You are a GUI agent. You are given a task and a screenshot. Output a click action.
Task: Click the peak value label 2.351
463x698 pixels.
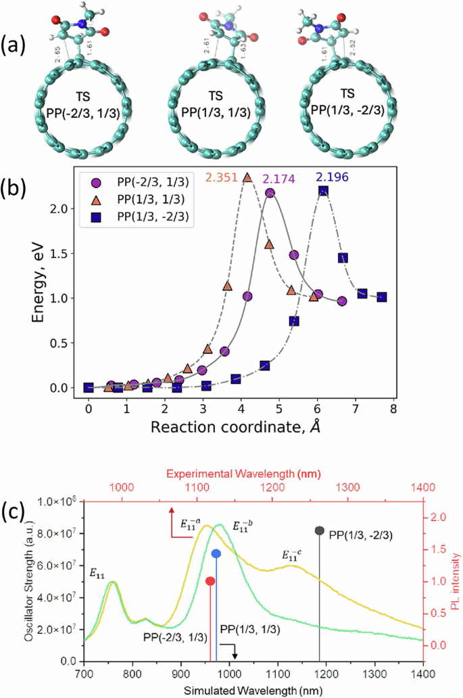(223, 179)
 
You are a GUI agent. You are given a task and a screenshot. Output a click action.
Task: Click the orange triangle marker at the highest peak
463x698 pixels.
(247, 177)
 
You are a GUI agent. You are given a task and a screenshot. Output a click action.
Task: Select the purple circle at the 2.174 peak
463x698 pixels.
(270, 193)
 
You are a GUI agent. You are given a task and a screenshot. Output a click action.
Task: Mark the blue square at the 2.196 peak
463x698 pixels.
(323, 192)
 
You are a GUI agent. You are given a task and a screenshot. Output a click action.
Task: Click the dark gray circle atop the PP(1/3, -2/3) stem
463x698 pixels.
(320, 531)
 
